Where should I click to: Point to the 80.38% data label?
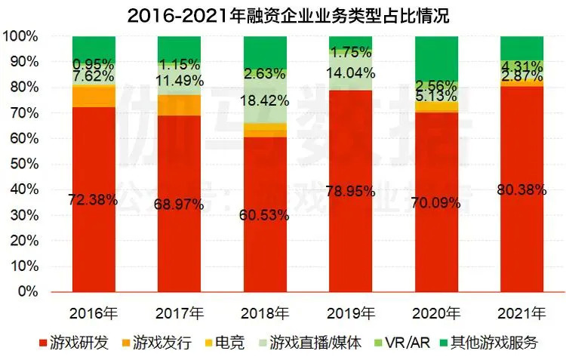pyautogui.click(x=521, y=190)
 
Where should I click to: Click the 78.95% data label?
pyautogui.click(x=350, y=192)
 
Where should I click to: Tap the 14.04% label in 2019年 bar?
pyautogui.click(x=350, y=73)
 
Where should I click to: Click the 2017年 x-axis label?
pyautogui.click(x=180, y=312)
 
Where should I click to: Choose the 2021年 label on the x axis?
pyautogui.click(x=521, y=312)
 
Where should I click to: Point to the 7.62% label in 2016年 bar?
pyautogui.click(x=94, y=75)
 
